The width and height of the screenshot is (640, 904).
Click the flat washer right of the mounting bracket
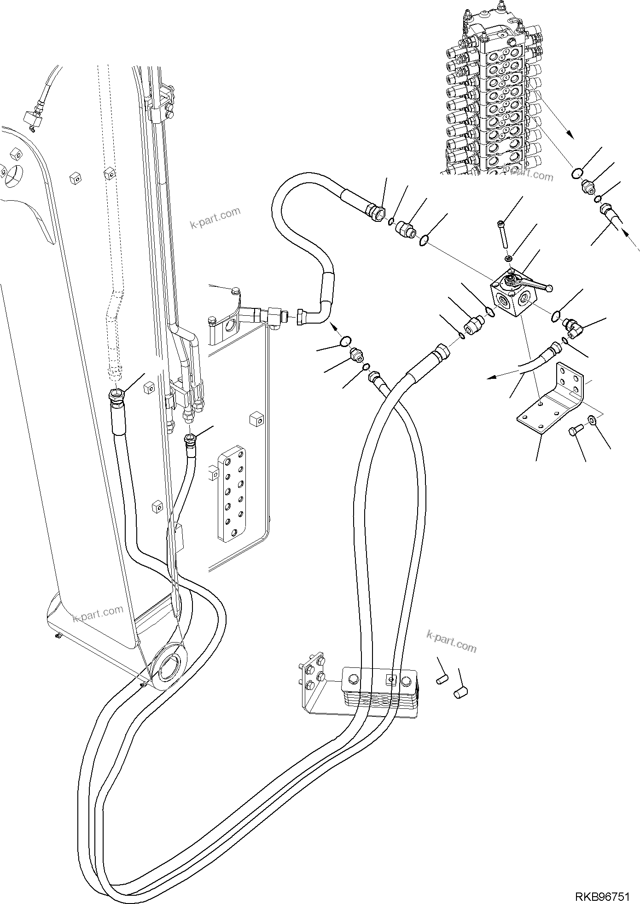(593, 420)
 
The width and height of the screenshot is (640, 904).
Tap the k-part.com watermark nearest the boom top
(215, 219)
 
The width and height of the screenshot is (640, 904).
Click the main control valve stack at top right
(495, 92)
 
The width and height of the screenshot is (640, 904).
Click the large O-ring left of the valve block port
(491, 313)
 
